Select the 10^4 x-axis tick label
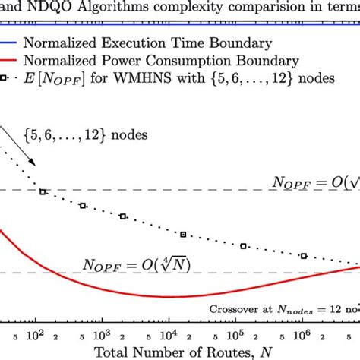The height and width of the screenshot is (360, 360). coord(168,333)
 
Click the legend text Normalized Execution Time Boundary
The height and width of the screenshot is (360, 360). coord(152,42)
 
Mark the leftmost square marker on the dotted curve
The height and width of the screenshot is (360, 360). coord(43,192)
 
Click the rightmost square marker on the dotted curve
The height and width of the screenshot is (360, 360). coord(304,256)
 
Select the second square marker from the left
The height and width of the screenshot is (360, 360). coord(83,205)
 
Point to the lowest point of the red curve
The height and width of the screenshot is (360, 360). coord(167,296)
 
